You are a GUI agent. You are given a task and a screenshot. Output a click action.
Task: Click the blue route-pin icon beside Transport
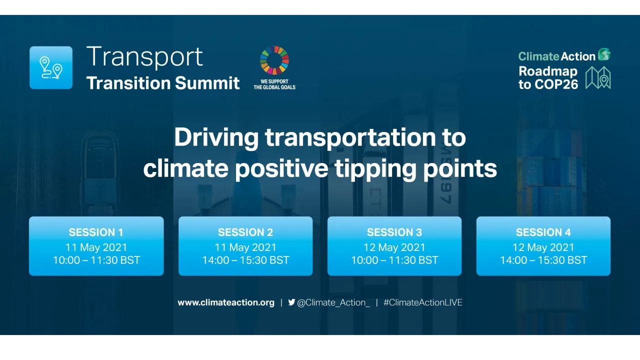tap(51, 67)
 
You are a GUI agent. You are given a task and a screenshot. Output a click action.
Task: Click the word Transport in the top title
tap(144, 56)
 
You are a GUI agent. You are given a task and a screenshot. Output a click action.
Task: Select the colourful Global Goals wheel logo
tap(274, 60)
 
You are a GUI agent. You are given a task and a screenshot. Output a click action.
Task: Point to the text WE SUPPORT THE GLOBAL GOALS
tap(274, 84)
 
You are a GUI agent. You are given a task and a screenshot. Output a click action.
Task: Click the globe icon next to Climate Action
tap(604, 54)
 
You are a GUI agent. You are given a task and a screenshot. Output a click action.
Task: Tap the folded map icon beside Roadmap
tap(598, 78)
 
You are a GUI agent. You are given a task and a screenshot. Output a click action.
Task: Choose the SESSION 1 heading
tap(96, 232)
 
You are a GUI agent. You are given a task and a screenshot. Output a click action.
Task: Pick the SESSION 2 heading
tap(245, 232)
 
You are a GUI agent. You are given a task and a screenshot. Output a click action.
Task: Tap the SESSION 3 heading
tap(394, 232)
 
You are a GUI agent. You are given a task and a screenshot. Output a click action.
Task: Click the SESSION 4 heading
tap(543, 232)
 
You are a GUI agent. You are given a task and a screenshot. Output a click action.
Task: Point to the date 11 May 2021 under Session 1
tap(96, 247)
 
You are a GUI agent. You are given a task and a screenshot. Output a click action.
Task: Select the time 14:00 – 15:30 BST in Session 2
tap(245, 260)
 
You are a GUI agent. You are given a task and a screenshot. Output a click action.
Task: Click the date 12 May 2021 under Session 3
tap(394, 247)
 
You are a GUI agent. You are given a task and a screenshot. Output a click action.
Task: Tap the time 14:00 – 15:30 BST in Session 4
tap(543, 260)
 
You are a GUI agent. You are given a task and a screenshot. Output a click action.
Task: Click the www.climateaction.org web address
tap(226, 302)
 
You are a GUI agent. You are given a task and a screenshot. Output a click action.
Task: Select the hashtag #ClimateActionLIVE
tap(423, 302)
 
